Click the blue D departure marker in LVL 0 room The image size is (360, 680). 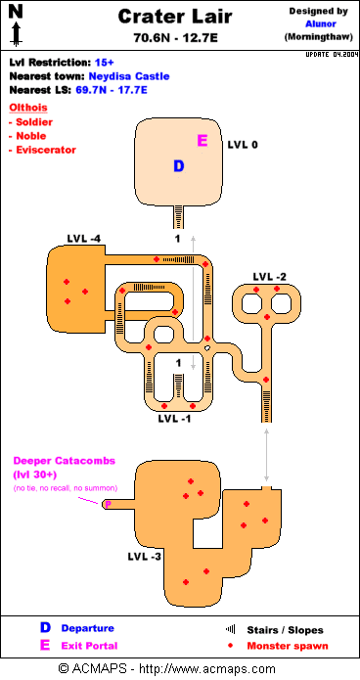[179, 165]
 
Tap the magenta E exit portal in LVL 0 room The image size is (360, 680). [202, 140]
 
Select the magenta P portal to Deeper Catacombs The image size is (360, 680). [109, 504]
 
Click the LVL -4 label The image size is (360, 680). [84, 239]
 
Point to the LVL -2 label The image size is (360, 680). [270, 276]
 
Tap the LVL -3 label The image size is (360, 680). [145, 557]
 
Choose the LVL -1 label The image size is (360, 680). [174, 419]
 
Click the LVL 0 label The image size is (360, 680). [243, 145]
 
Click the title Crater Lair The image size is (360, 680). [175, 17]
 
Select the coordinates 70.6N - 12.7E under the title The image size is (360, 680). [175, 38]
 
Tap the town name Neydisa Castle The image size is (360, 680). [129, 76]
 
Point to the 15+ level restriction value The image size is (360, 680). [104, 63]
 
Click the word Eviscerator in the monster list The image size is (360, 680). [46, 150]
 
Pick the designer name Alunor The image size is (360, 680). [321, 23]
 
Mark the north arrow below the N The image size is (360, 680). [16, 34]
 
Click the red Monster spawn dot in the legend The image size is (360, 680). [230, 646]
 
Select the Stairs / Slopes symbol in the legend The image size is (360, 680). [230, 629]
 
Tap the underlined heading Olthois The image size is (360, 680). [27, 108]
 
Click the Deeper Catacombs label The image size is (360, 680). [65, 461]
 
